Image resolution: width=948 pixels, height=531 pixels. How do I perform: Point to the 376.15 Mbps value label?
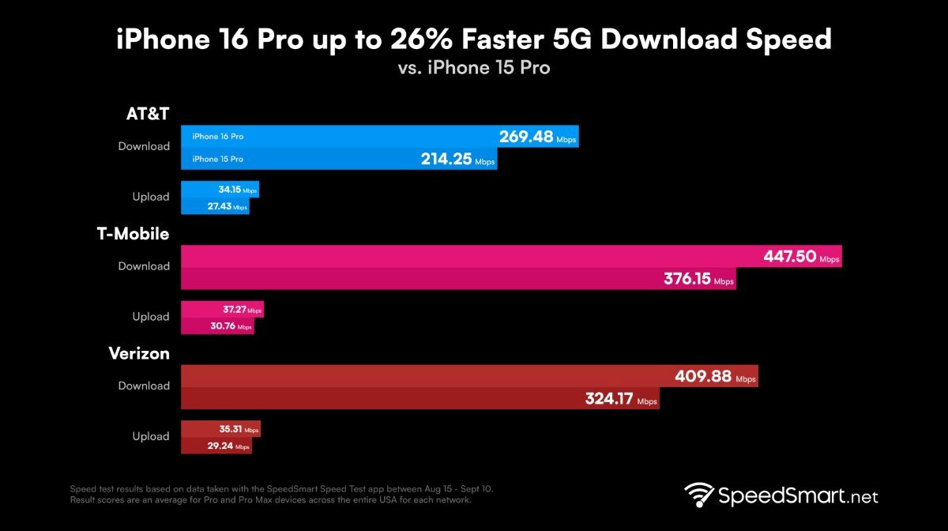tap(697, 280)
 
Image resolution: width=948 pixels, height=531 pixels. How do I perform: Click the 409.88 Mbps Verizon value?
tap(714, 377)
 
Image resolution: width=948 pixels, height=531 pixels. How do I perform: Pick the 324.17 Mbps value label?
tap(621, 400)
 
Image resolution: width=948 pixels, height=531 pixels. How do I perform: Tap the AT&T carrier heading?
tap(148, 114)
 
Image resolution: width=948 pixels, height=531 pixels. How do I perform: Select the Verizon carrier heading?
tap(139, 353)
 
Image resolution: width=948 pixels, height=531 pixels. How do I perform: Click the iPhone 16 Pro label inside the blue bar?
tap(217, 137)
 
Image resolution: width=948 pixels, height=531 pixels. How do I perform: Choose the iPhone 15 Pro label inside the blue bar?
tap(217, 159)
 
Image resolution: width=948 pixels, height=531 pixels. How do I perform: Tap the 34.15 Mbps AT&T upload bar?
tap(220, 190)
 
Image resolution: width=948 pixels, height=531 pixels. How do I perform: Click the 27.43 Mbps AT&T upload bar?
tap(215, 207)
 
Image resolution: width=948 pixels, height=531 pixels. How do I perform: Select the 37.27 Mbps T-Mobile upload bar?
tap(222, 310)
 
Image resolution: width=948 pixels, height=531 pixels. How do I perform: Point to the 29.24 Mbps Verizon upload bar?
tap(216, 446)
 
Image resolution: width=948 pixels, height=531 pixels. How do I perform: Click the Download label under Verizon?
tap(144, 386)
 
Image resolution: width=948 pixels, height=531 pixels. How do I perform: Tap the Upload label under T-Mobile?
tap(150, 316)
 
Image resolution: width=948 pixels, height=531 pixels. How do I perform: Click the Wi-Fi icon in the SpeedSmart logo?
tap(700, 496)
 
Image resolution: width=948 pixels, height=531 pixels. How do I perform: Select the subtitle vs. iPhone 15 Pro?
tap(474, 68)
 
